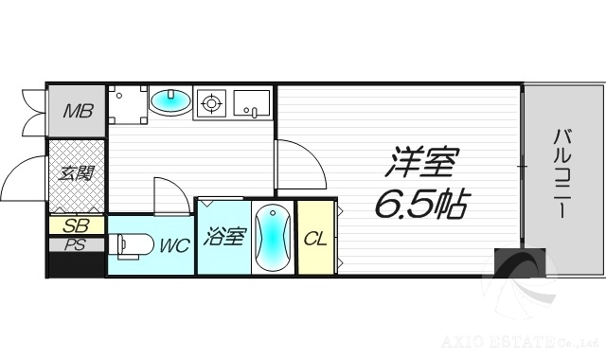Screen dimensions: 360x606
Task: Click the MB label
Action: (78, 112)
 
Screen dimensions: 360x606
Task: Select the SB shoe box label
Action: (77, 225)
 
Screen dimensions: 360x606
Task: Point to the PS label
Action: (77, 243)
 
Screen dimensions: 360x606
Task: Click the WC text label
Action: (173, 245)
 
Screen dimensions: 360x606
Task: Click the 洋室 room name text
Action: (419, 164)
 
